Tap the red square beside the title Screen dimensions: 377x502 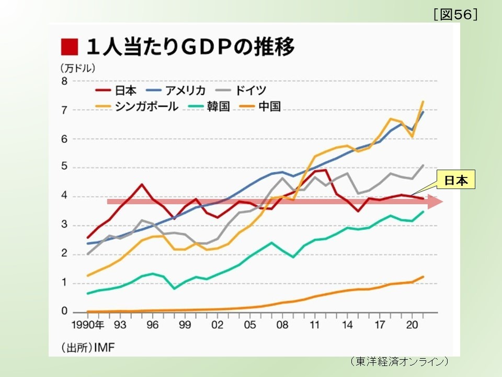click(69, 47)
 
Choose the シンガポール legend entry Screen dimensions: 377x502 click(138, 106)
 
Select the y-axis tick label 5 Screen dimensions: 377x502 click(64, 168)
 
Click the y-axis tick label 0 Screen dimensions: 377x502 click(64, 312)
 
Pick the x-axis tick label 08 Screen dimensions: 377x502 click(283, 325)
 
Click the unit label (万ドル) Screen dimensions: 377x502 click(77, 68)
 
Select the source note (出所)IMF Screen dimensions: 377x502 click(88, 347)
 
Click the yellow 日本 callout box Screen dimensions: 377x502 click(456, 181)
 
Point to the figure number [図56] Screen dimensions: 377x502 click(455, 15)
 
